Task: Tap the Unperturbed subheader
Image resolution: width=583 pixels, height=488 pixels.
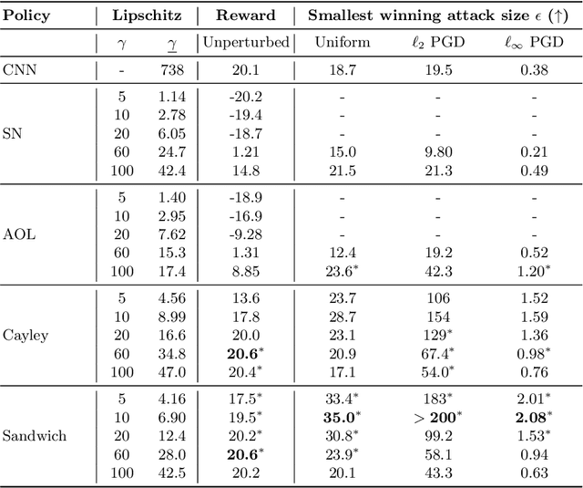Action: [245, 42]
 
